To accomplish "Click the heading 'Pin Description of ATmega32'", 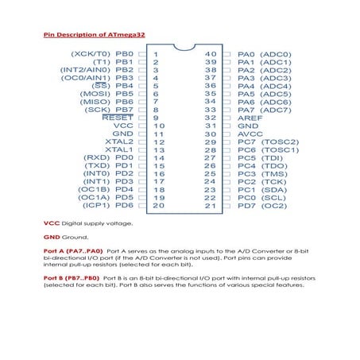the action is pyautogui.click(x=94, y=35).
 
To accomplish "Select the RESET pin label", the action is pyautogui.click(x=118, y=117).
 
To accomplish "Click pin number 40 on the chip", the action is pyautogui.click(x=211, y=54).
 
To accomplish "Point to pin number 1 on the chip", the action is pyautogui.click(x=156, y=54).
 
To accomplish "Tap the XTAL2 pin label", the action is pyautogui.click(x=118, y=141).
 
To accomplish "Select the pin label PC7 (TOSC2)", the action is pyautogui.click(x=268, y=141).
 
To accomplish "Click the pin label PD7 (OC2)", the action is pyautogui.click(x=262, y=206).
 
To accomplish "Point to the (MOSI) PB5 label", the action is pyautogui.click(x=106, y=94).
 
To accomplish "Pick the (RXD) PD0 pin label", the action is pyautogui.click(x=108, y=157).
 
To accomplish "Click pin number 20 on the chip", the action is pyautogui.click(x=158, y=206).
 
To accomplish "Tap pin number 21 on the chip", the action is pyautogui.click(x=211, y=206).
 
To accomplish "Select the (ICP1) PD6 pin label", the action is pyautogui.click(x=106, y=206).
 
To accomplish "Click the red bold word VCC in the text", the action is pyautogui.click(x=50, y=224).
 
